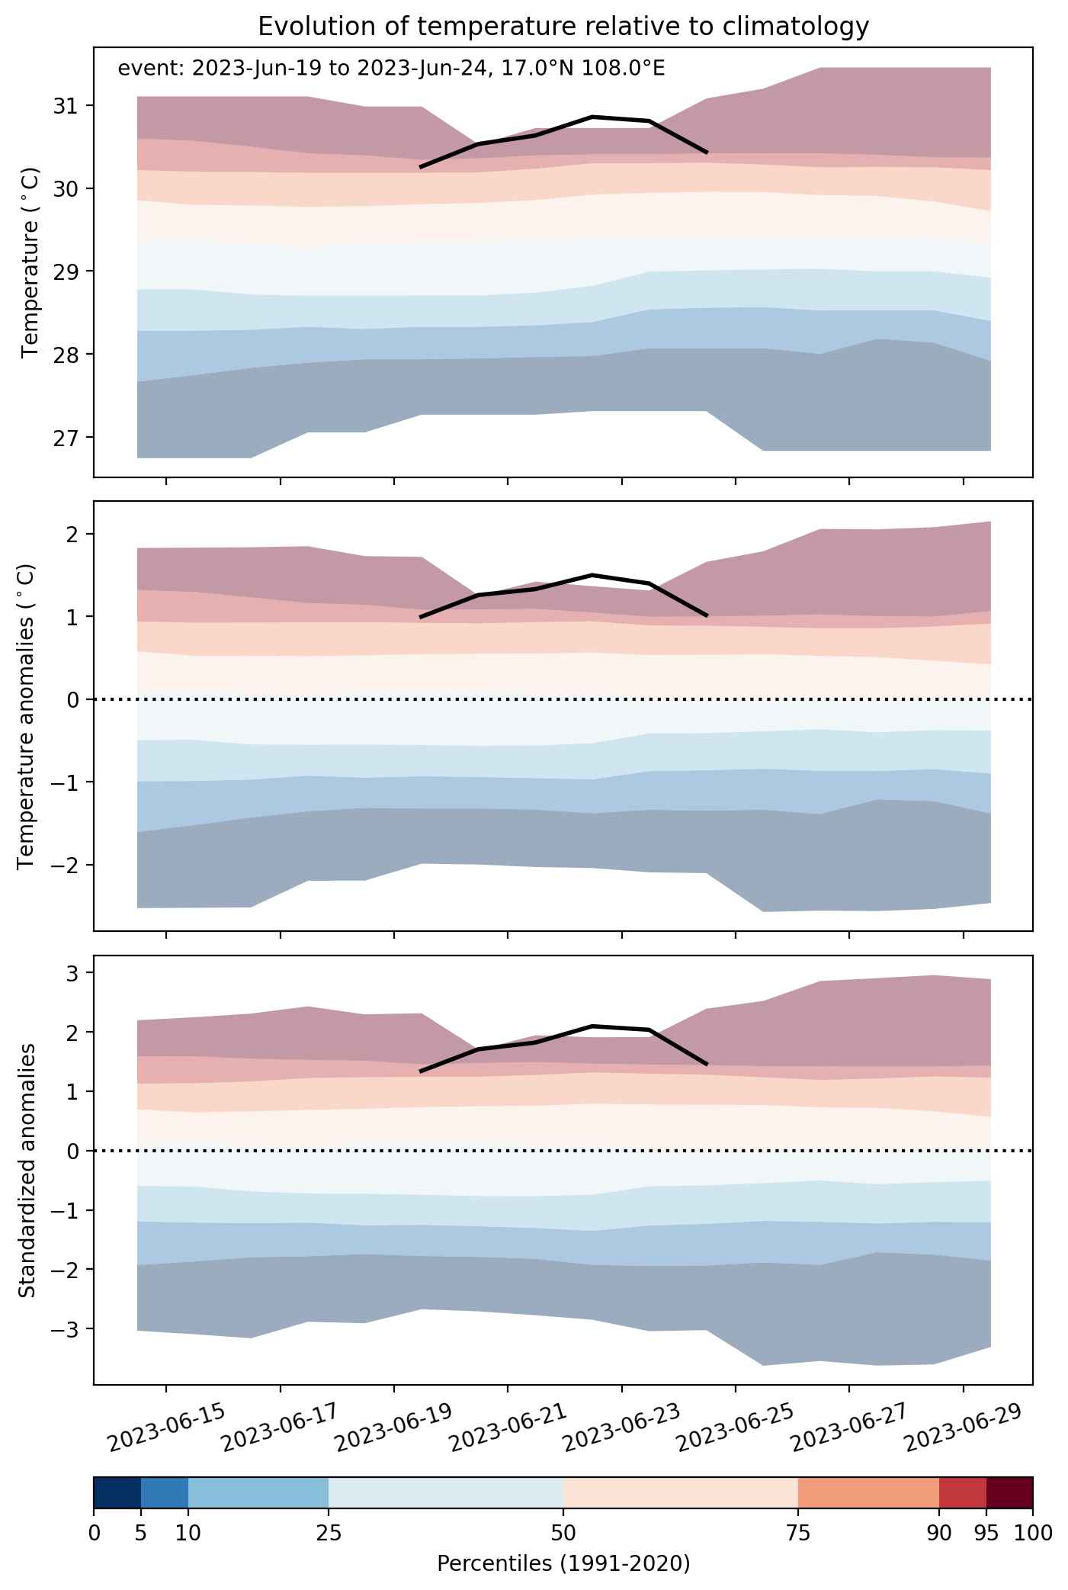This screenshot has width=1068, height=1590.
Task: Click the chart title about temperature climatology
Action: click(563, 27)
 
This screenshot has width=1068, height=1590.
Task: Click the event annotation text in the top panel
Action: click(391, 69)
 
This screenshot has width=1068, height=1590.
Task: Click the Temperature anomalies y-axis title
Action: click(27, 716)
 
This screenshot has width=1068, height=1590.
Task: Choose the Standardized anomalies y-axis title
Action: click(27, 1170)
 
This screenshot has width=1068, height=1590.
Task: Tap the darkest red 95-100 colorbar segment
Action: click(1009, 1493)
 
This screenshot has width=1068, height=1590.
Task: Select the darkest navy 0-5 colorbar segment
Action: click(117, 1493)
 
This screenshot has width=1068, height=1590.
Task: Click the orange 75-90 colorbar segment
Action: click(868, 1493)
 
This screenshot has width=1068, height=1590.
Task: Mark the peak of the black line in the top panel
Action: click(592, 117)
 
